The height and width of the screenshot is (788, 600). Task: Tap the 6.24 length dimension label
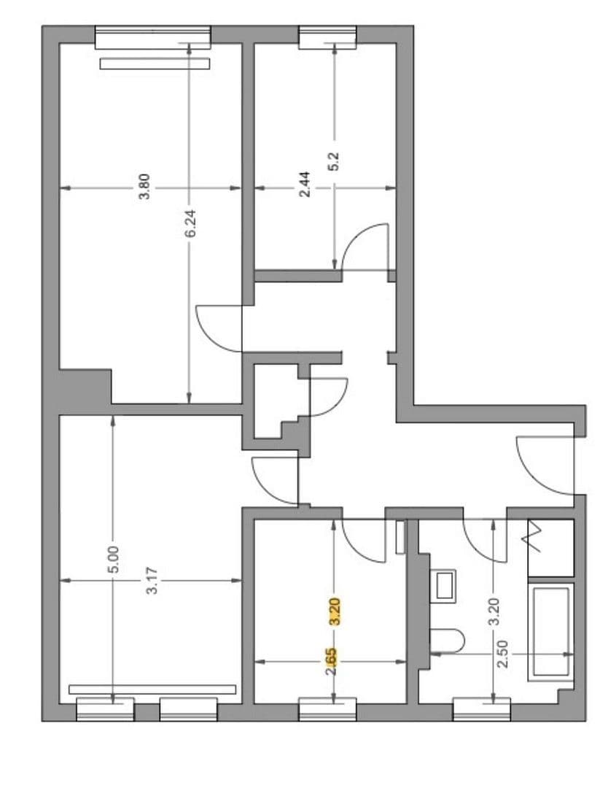190,223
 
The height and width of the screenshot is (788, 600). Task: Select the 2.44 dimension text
305,184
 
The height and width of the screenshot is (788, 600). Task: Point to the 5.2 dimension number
335,160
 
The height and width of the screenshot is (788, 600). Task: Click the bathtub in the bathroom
551,632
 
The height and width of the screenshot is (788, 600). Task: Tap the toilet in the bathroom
448,640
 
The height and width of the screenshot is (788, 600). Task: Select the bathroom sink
444,584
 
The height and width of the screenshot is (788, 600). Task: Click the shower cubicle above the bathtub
550,548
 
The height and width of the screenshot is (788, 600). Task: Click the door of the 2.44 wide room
365,247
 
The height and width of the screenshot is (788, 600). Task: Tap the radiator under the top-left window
155,63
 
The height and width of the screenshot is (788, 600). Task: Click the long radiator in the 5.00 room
152,689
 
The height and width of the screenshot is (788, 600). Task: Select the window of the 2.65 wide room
328,709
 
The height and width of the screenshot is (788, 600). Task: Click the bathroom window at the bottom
481,709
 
